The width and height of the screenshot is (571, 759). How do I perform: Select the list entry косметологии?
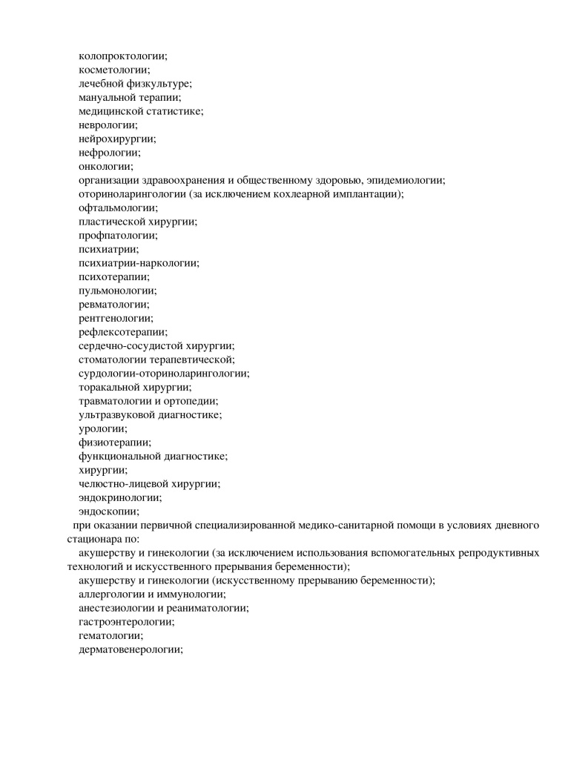(x=114, y=70)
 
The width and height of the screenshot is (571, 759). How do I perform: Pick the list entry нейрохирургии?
(x=117, y=139)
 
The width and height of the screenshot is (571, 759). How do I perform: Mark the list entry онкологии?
(x=106, y=167)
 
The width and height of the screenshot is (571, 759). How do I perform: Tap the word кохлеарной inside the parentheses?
(x=292, y=194)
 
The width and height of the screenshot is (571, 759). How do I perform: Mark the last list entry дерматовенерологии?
(x=131, y=650)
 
